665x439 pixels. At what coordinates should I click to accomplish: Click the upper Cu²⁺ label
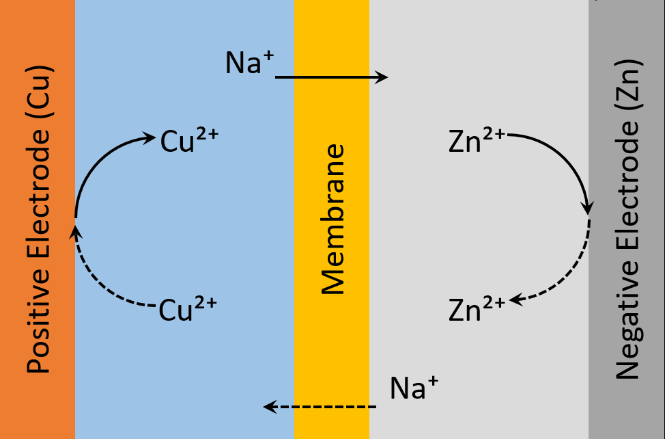coord(189,142)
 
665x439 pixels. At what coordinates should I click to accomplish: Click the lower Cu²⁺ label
coord(188,308)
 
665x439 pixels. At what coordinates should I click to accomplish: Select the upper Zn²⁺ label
coord(477,140)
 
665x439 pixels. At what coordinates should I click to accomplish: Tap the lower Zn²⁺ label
coord(477,308)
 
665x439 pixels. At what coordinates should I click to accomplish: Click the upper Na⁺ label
coord(249,64)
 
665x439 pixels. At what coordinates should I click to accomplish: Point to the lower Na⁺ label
coord(414,388)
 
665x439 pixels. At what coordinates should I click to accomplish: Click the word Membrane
coord(332,219)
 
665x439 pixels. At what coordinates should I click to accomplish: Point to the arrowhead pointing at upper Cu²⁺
coord(150,138)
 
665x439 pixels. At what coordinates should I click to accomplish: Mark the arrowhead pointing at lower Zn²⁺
coord(515,300)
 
